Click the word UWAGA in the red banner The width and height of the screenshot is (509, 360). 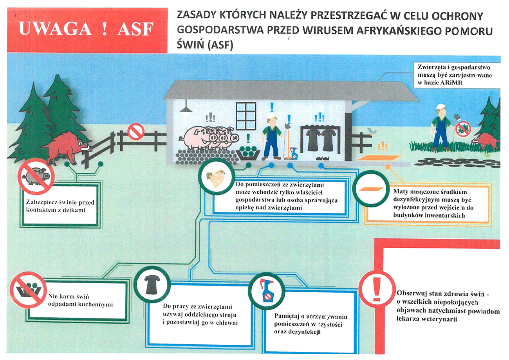(x=55, y=29)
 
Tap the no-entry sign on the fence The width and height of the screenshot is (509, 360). (x=135, y=131)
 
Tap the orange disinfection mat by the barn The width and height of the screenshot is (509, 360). (x=379, y=158)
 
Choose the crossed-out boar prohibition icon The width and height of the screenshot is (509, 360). (x=36, y=176)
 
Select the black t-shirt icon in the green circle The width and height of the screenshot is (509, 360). (x=152, y=285)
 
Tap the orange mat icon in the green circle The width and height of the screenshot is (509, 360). (x=371, y=189)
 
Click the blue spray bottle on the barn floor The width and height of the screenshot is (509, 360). (x=294, y=153)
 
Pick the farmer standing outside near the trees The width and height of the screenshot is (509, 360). (x=440, y=128)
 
